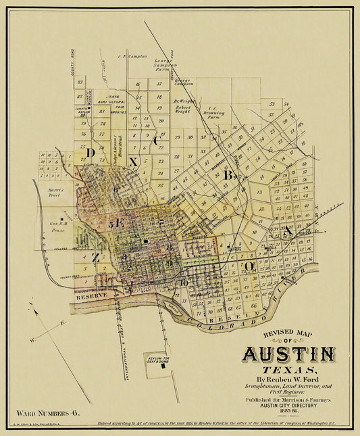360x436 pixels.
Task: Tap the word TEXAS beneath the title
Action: click(x=289, y=372)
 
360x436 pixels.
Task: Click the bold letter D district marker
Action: click(x=90, y=153)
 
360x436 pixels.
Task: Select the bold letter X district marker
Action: click(x=134, y=162)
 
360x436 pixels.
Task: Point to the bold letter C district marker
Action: click(x=157, y=141)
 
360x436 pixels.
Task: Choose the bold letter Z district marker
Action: click(x=96, y=257)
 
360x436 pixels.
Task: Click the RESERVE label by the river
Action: click(x=88, y=297)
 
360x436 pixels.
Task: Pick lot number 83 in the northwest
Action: click(x=80, y=82)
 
